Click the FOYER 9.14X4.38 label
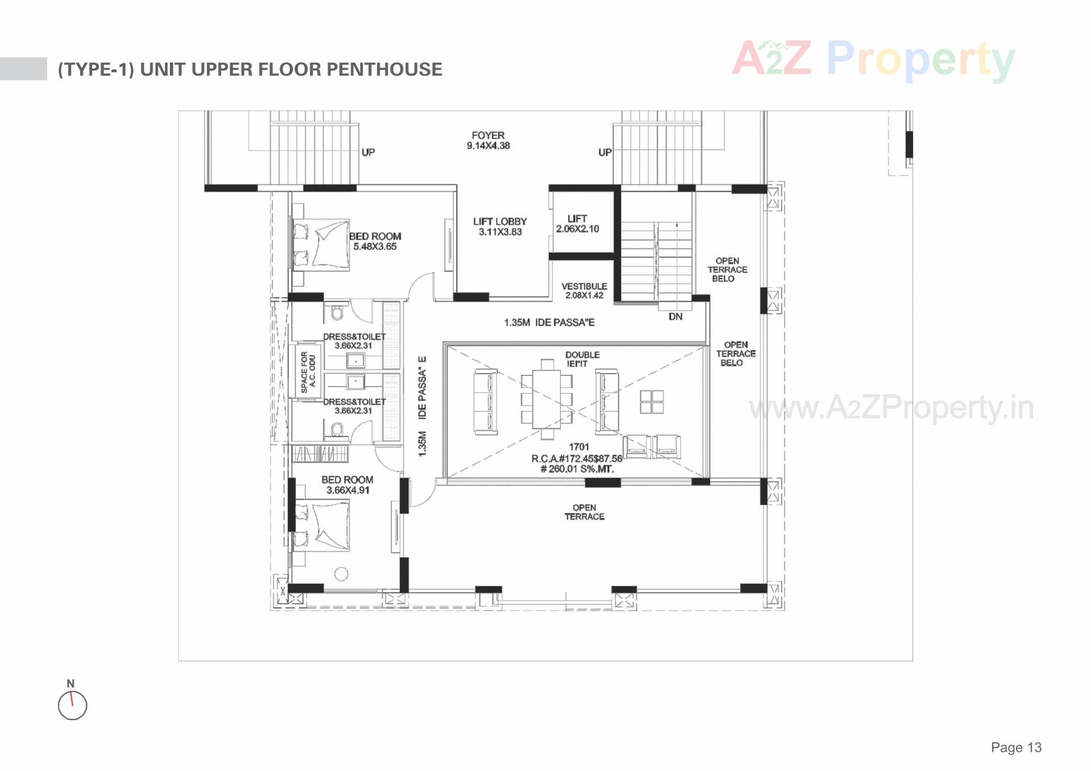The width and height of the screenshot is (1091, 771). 488,140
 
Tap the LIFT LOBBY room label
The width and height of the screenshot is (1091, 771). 500,226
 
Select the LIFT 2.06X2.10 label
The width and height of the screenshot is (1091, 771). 577,223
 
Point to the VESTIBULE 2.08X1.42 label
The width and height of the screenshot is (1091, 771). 584,290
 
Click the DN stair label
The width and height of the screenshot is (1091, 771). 675,316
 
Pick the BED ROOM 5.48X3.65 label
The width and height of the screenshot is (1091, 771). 375,241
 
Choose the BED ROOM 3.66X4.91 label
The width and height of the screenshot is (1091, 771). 347,485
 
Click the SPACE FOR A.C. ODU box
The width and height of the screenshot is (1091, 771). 307,372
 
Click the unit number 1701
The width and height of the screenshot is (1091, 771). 579,447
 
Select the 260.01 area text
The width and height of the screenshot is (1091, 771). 577,469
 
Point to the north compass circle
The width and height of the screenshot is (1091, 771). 73,706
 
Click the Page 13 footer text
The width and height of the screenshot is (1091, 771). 1016,747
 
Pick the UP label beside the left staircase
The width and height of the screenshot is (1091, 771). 368,152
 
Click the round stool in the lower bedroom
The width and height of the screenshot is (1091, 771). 341,574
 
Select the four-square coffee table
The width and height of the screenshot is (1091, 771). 652,402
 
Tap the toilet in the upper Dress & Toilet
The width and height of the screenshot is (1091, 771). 337,312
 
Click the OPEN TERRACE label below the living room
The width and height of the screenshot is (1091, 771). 584,512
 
